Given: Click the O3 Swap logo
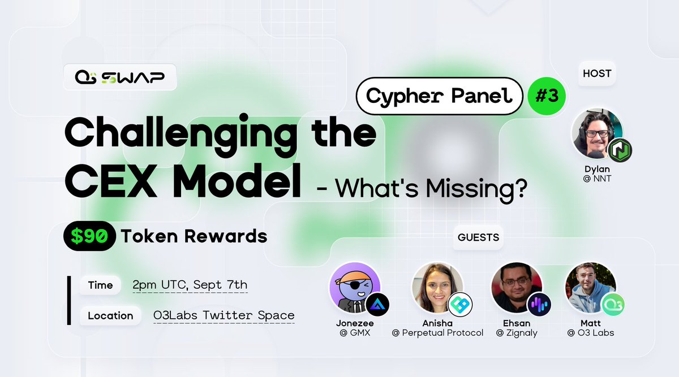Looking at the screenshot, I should click(119, 77).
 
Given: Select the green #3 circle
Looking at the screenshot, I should click(546, 96).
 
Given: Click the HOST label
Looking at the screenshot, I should click(596, 73).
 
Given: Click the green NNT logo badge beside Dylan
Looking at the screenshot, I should click(619, 150).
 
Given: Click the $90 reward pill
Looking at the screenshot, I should click(90, 236).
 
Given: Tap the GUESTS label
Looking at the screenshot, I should click(479, 237).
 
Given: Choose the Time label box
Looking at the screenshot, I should click(100, 285).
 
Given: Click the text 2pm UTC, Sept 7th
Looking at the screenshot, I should click(190, 285).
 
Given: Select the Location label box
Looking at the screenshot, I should click(110, 315).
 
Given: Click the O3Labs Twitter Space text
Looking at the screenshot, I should click(224, 315).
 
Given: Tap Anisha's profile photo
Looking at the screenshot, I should click(436, 287).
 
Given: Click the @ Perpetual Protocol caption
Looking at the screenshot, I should click(437, 333).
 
